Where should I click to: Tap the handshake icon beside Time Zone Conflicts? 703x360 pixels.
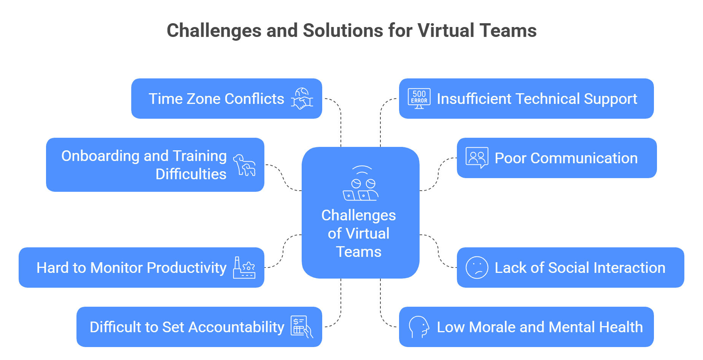(302, 99)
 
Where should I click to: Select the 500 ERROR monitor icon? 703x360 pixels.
(419, 99)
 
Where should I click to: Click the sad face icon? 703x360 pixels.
(477, 268)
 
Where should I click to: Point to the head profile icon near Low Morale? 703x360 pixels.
(419, 327)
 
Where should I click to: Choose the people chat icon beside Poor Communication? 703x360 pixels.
(477, 158)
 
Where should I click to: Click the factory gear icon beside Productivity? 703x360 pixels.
(244, 268)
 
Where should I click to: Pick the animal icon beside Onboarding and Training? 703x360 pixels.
(244, 165)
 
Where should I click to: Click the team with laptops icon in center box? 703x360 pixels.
(360, 184)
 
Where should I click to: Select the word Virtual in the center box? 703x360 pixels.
(367, 234)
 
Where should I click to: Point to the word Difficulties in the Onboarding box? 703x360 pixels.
(191, 174)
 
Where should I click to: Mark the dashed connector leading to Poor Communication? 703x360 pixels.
(438, 174)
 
